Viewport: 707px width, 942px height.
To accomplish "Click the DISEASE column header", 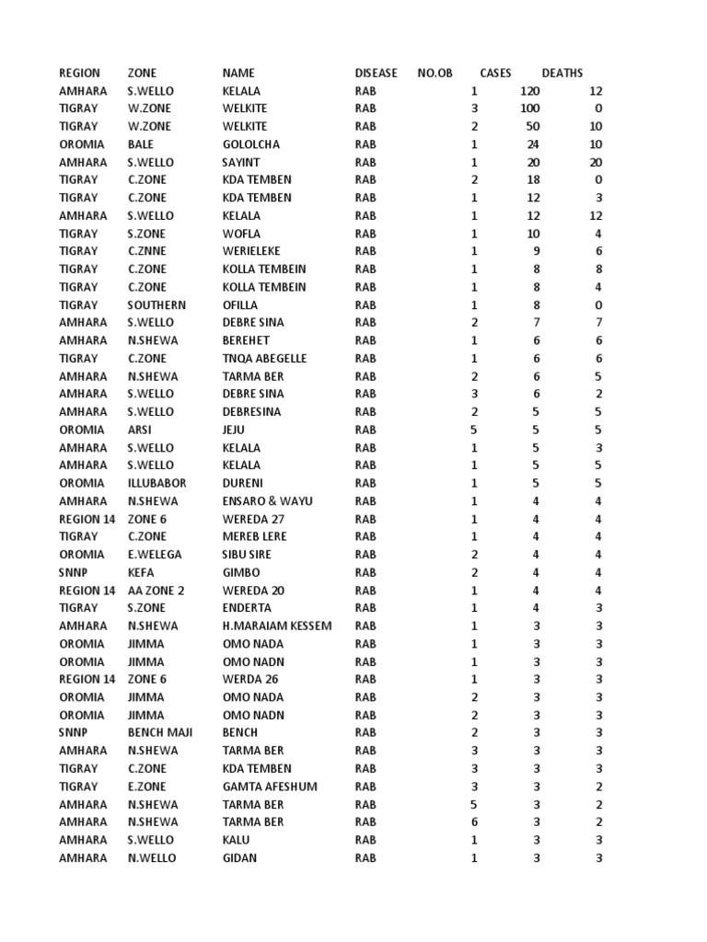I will [x=376, y=73].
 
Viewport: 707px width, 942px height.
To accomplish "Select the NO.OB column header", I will [x=435, y=73].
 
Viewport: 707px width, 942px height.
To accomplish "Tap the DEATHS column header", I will [x=562, y=73].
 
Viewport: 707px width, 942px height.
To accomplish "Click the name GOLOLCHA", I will [x=250, y=144].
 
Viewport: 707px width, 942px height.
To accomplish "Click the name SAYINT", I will [x=241, y=162].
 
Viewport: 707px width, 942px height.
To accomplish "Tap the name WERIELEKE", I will [x=251, y=251].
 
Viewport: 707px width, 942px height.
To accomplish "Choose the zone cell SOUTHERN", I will [x=156, y=304].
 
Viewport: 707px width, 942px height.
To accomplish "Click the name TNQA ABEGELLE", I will [x=264, y=359].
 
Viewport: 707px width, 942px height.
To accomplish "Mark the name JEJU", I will [x=235, y=430].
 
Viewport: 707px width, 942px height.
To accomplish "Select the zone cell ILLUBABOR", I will [x=156, y=483].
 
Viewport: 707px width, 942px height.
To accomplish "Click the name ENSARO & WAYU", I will [x=267, y=501].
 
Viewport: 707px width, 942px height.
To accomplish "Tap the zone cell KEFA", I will [x=141, y=572].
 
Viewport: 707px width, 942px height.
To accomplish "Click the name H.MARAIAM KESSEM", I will [x=277, y=626].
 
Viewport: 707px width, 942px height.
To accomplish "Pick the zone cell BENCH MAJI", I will [x=160, y=733].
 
